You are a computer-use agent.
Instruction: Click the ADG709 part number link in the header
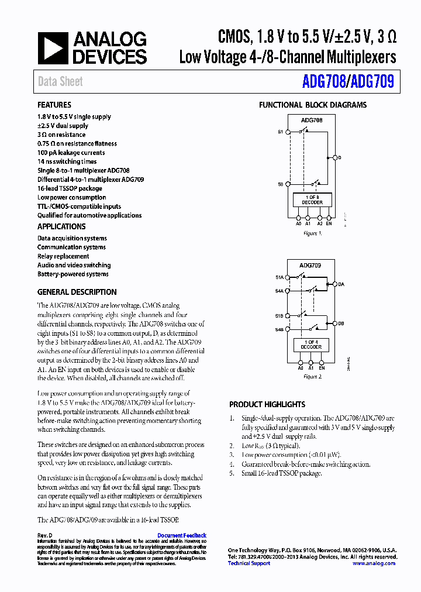point(372,81)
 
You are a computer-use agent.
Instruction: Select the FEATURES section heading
point(54,105)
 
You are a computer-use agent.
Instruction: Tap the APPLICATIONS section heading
point(61,226)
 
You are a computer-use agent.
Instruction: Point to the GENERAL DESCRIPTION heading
point(77,292)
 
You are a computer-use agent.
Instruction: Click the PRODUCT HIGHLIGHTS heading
point(267,404)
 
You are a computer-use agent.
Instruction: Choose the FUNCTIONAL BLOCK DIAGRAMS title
point(313,105)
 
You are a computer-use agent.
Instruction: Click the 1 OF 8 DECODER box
point(312,200)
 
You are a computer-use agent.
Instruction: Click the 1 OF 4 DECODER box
point(311,345)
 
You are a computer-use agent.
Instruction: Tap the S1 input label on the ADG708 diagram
point(281,132)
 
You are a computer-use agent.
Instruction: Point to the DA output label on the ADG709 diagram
point(341,285)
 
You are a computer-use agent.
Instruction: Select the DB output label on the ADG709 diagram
point(341,323)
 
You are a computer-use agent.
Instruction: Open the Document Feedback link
point(182,535)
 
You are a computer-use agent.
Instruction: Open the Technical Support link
point(249,563)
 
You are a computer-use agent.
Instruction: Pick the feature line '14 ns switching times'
point(67,161)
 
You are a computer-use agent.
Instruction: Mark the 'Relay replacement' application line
point(63,256)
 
